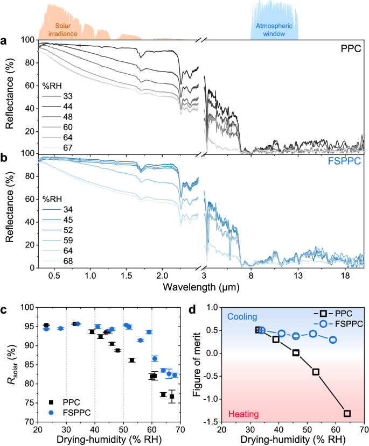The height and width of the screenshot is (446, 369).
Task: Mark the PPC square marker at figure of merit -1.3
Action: (x=347, y=413)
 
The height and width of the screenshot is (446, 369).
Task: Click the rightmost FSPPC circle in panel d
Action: (x=333, y=340)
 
